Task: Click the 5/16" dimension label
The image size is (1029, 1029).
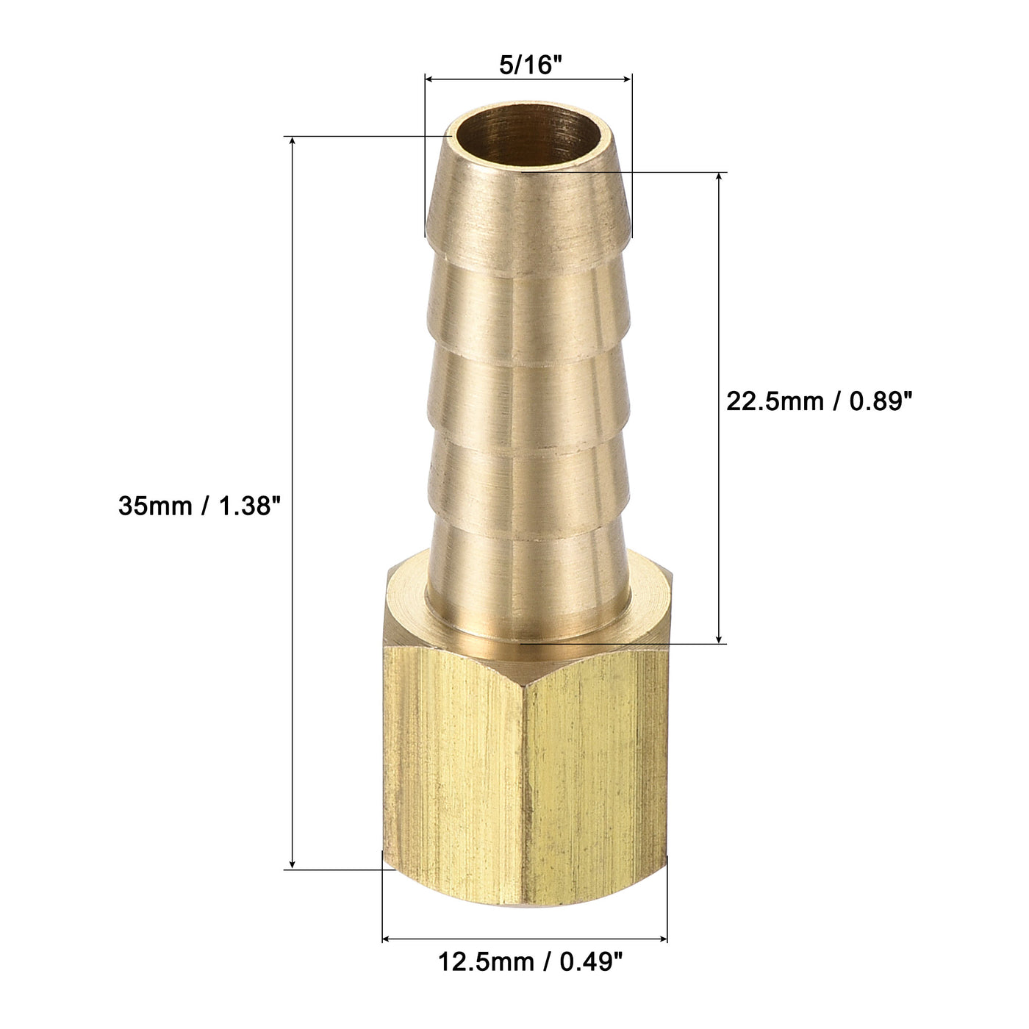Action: (528, 65)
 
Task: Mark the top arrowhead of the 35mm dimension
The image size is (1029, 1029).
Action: (293, 142)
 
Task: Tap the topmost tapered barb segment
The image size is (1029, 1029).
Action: (528, 213)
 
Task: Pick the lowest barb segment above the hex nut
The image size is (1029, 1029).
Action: (528, 581)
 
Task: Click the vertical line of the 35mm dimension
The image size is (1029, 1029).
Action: (293, 367)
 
